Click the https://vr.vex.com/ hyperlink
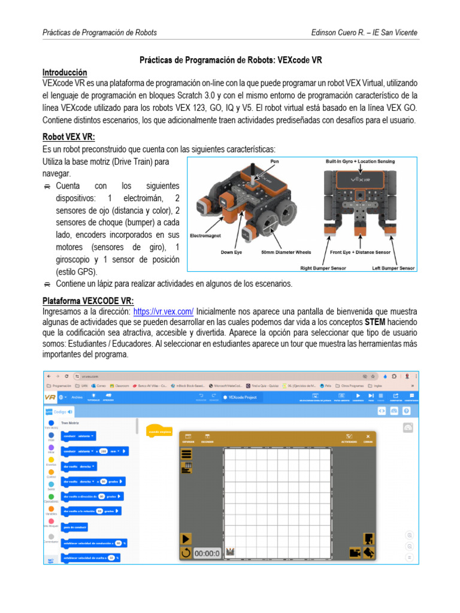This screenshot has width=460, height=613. click(x=163, y=311)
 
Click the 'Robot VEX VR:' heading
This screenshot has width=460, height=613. click(x=68, y=136)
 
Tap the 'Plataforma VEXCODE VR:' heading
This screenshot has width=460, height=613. click(x=88, y=301)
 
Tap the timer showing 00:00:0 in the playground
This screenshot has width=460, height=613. click(x=207, y=553)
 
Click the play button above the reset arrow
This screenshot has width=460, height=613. click(x=186, y=539)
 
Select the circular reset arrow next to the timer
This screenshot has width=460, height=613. click(x=186, y=553)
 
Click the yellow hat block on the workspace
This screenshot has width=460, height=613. click(x=160, y=430)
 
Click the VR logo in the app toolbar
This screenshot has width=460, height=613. click(x=50, y=397)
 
